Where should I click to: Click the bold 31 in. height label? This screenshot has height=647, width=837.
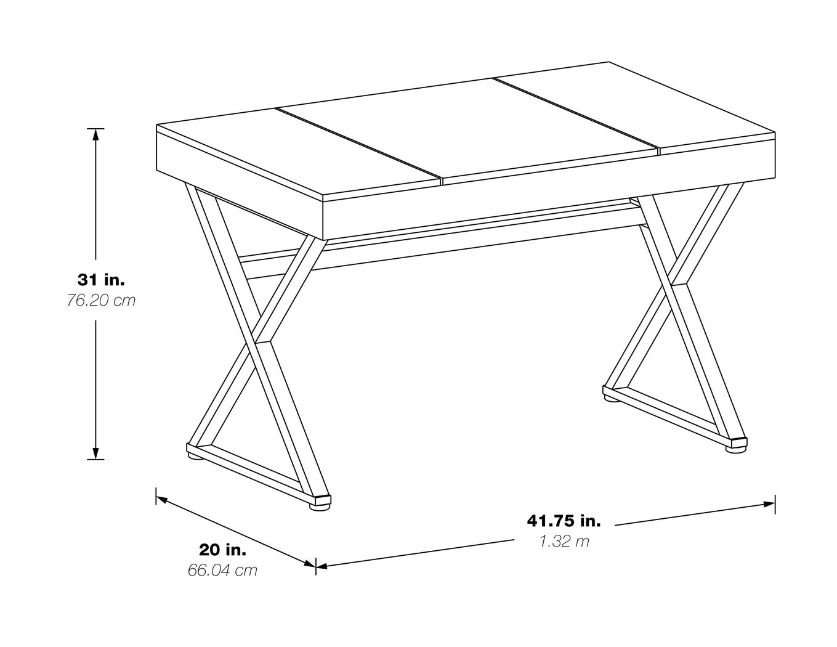(101, 279)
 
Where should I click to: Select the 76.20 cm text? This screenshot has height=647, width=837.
(101, 301)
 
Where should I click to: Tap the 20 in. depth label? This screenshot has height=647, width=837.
(222, 549)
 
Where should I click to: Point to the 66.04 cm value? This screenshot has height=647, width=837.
(222, 570)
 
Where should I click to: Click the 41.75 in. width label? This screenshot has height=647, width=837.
(564, 521)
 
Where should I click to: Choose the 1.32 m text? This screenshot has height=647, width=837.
(564, 542)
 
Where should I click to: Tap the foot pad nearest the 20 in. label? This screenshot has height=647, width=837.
(319, 507)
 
